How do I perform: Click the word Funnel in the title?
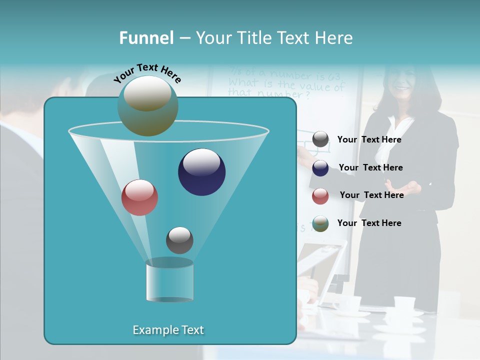146,38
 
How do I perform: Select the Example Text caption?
168,330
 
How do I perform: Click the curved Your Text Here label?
147,73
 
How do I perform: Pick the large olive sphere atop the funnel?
147,105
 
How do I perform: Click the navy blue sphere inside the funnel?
201,172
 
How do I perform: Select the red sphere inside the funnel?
139,197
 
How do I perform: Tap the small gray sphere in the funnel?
179,240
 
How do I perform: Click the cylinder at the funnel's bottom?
169,280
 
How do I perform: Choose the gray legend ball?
320,139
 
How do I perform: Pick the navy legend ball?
320,168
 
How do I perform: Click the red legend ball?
320,196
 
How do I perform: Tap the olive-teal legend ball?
320,223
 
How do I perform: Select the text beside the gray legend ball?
369,140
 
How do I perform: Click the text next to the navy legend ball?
370,168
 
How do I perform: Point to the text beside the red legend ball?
371,195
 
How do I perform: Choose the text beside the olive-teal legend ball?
369,223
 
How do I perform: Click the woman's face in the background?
403,83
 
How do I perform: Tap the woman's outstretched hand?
407,189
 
